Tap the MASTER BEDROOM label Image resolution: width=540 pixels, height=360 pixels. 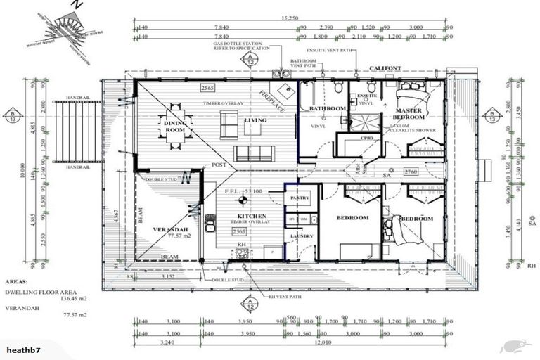click(408, 115)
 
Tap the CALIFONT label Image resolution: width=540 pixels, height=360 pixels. click(385, 67)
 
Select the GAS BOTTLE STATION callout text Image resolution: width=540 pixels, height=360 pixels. click(241, 46)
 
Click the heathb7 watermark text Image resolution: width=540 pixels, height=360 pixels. click(25, 349)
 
